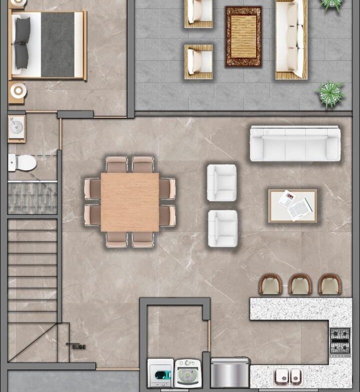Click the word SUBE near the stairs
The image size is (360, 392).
tap(78, 347)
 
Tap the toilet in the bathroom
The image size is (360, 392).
tap(22, 163)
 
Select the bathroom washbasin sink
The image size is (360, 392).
tap(16, 127)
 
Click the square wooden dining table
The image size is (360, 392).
tap(129, 202)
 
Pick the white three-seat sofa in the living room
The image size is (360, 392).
tap(295, 143)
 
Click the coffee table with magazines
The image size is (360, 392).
tap(292, 206)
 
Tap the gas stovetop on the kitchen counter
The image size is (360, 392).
tap(339, 341)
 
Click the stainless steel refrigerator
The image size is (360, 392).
tap(230, 373)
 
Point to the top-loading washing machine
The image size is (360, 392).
tap(188, 374)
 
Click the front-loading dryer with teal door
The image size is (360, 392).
tap(160, 373)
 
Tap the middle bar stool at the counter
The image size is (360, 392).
tap(300, 285)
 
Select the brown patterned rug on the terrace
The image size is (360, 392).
tap(243, 36)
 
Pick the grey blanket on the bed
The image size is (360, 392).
tap(57, 45)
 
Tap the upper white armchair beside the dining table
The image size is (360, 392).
tap(222, 183)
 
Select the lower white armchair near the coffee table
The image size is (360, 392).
tap(223, 229)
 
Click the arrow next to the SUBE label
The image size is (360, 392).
tap(72, 344)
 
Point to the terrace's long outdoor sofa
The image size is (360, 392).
tap(291, 39)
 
